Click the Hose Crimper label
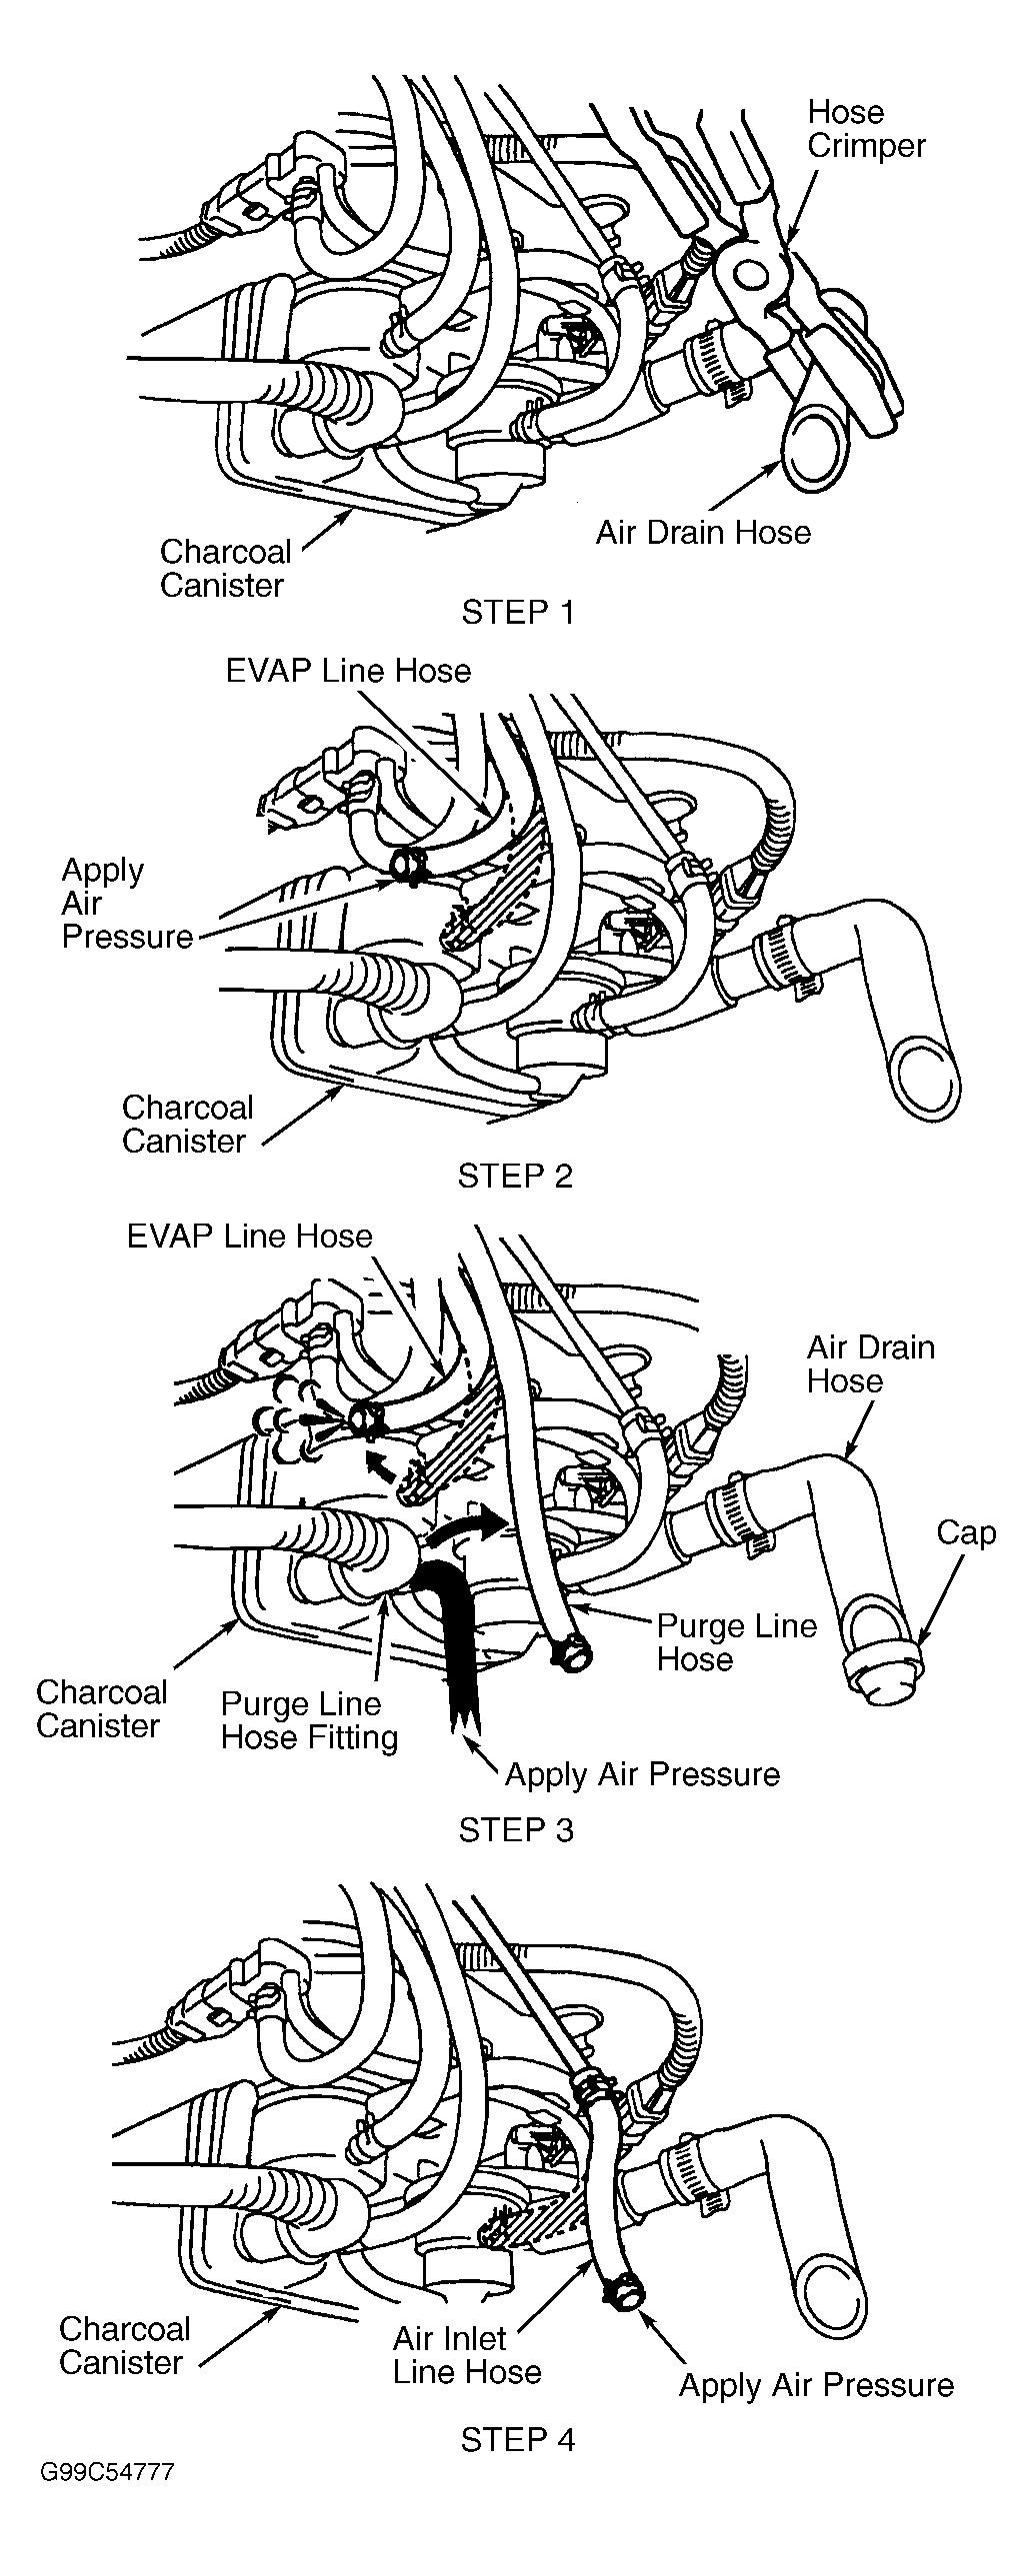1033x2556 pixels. (866, 129)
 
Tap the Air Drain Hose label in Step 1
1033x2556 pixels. (703, 532)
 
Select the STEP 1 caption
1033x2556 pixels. (518, 611)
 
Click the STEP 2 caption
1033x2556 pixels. (515, 1176)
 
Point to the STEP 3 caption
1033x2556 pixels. (516, 1829)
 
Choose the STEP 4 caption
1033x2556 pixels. (518, 2440)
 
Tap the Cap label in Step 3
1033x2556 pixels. (966, 1532)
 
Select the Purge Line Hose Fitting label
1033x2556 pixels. (309, 1720)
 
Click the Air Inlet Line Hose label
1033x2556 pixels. (467, 2354)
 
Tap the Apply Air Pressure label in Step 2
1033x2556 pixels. (127, 903)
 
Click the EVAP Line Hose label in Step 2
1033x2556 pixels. (348, 670)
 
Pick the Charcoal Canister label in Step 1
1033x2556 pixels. (225, 568)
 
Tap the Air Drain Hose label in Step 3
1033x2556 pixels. (870, 1363)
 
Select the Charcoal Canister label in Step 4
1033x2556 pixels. (124, 2345)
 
